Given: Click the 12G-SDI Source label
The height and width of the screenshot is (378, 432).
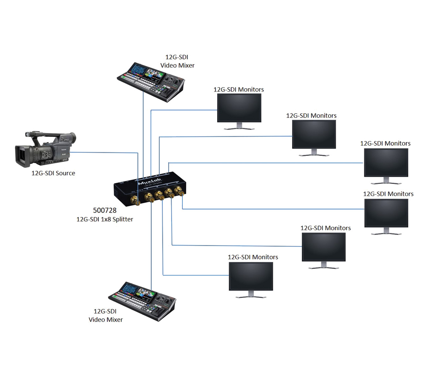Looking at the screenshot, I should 53,173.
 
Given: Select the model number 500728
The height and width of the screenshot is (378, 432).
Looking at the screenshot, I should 105,210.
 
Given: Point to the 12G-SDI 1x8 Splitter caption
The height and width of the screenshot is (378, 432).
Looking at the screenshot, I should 105,219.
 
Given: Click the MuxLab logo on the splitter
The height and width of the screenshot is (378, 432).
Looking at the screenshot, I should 149,182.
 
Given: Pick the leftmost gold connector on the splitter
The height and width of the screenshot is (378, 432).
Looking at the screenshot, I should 135,200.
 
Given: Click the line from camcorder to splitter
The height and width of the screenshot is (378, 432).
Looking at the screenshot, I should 104,152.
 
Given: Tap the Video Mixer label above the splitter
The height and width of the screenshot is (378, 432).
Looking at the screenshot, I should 177,65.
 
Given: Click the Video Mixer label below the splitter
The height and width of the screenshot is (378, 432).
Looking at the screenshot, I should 106,319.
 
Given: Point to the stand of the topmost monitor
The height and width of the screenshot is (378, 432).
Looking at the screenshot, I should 239,126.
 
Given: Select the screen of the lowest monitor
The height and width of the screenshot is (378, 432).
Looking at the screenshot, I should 251,276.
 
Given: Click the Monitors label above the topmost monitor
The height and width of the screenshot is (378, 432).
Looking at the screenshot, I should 239,89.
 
